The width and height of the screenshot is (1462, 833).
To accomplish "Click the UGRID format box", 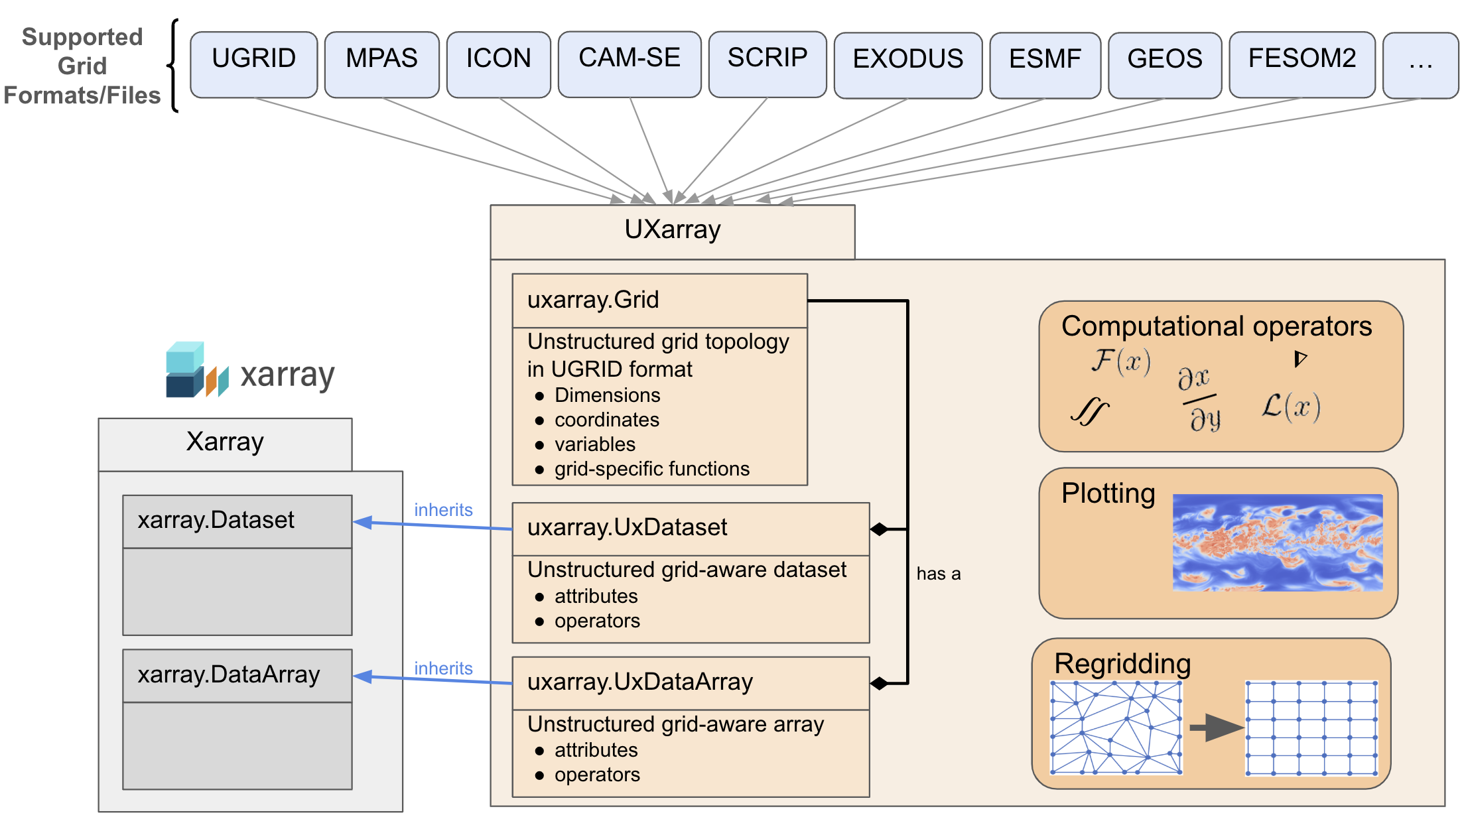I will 253,64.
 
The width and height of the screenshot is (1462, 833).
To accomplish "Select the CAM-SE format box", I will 629,64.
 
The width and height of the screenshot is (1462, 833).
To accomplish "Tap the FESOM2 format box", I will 1301,64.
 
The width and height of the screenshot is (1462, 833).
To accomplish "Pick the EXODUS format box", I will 907,65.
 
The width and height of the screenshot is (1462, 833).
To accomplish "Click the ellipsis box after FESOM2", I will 1420,65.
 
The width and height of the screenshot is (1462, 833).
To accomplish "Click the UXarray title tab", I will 672,231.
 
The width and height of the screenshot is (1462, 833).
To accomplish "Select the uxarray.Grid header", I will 659,300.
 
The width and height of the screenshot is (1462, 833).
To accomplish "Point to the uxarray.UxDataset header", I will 690,528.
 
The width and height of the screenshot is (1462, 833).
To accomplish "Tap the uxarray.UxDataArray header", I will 690,682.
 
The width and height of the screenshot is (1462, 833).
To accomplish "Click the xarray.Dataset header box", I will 237,521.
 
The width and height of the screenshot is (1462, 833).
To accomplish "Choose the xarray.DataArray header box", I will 237,675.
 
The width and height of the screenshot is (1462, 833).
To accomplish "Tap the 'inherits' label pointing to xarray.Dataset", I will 443,510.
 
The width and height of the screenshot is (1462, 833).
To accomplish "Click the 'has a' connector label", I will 938,574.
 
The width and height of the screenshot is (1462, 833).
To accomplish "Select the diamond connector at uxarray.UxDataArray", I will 879,683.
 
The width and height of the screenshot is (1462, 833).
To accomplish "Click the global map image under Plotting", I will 1277,543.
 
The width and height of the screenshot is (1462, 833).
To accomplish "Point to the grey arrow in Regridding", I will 1215,728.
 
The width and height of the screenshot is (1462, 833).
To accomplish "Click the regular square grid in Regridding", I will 1311,728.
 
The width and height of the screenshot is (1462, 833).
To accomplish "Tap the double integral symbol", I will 1089,412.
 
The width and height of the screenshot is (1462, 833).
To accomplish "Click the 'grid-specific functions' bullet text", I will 651,469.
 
